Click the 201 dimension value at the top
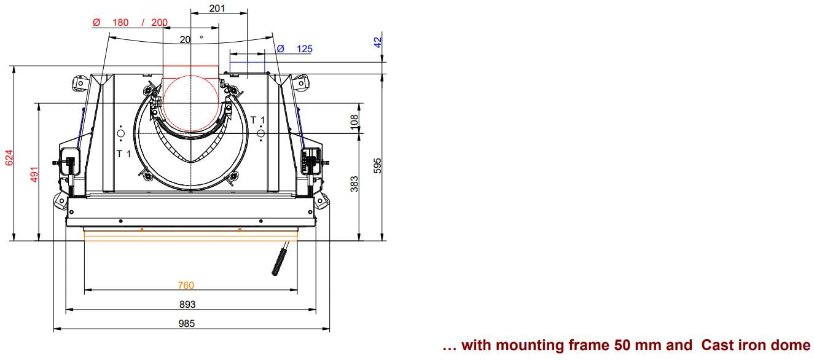point(217,8)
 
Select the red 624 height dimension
point(9,157)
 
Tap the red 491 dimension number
point(34,174)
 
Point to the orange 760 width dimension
point(186,285)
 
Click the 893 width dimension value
point(187,304)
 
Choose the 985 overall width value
point(186,323)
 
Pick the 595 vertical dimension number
point(378,166)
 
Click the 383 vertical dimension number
point(354,184)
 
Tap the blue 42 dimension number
point(378,42)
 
